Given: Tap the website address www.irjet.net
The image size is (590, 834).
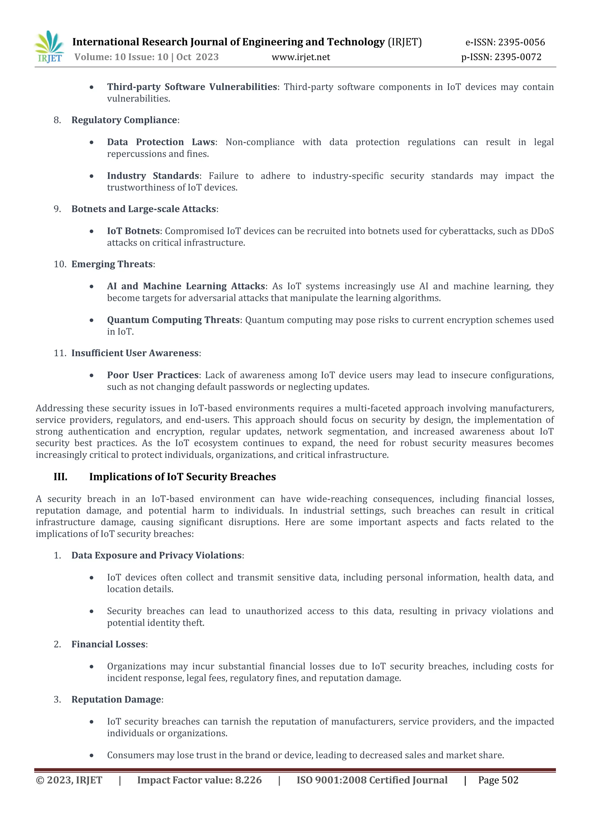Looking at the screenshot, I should click(x=301, y=57).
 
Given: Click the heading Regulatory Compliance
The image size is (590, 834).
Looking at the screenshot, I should click(x=124, y=120).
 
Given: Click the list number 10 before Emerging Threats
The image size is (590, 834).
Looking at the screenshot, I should click(x=60, y=264).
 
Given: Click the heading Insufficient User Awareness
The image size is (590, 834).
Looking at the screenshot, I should click(x=135, y=353).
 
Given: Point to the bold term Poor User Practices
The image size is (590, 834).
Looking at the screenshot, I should click(x=153, y=375).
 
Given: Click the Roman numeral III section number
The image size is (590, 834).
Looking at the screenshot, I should click(x=60, y=477).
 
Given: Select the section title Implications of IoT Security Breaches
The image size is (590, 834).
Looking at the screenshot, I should click(x=182, y=477).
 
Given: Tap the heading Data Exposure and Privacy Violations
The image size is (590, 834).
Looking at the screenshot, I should click(x=156, y=556).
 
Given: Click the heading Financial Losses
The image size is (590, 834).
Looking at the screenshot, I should click(x=108, y=645).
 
